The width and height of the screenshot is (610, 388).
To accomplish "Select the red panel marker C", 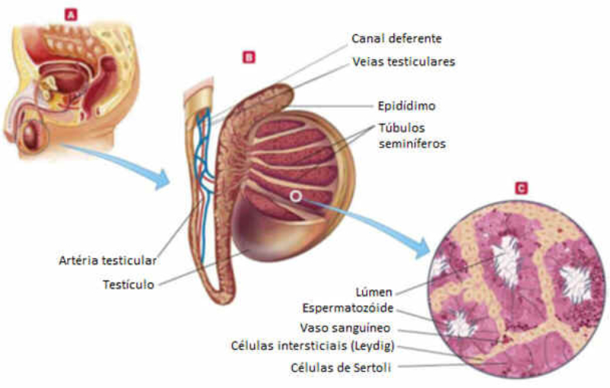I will tap(521, 186).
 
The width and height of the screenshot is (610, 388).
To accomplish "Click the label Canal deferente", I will tap(396, 38).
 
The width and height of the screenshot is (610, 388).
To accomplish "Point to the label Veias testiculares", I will tap(404, 62).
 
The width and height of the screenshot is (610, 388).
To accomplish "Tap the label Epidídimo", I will tap(406, 105).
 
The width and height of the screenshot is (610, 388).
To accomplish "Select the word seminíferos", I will tap(411, 142).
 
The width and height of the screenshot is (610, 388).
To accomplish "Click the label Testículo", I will tap(129, 285).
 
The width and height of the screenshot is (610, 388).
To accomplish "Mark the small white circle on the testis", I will tap(295, 196).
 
